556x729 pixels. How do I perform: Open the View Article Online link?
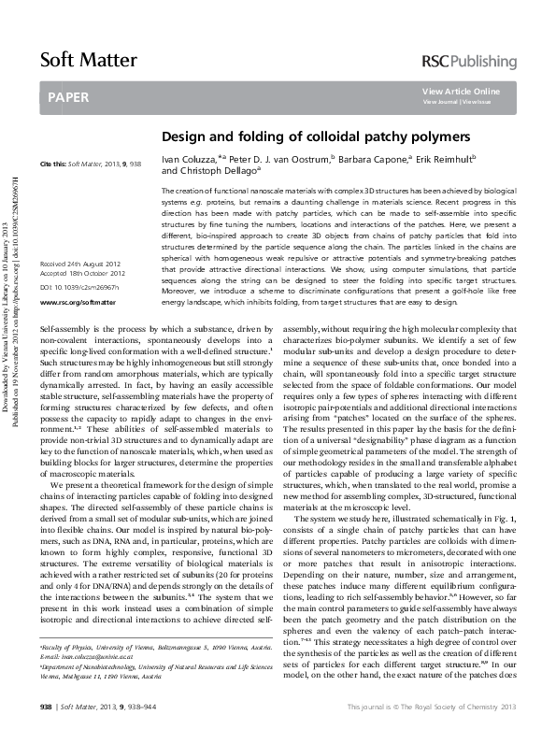coord(461,91)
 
